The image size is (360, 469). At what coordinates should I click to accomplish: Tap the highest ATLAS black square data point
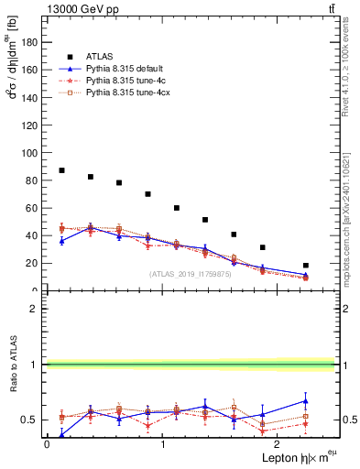(x=61, y=170)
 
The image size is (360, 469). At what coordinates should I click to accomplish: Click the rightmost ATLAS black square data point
(x=306, y=266)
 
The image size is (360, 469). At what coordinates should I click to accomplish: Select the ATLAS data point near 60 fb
(x=177, y=208)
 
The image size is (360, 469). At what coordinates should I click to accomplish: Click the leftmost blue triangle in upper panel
(x=61, y=241)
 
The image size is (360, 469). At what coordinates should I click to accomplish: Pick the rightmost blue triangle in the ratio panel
(x=306, y=400)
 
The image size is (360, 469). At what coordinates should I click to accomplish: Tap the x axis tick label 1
(x=163, y=444)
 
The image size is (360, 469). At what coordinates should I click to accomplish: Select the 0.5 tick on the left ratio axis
(x=34, y=420)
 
